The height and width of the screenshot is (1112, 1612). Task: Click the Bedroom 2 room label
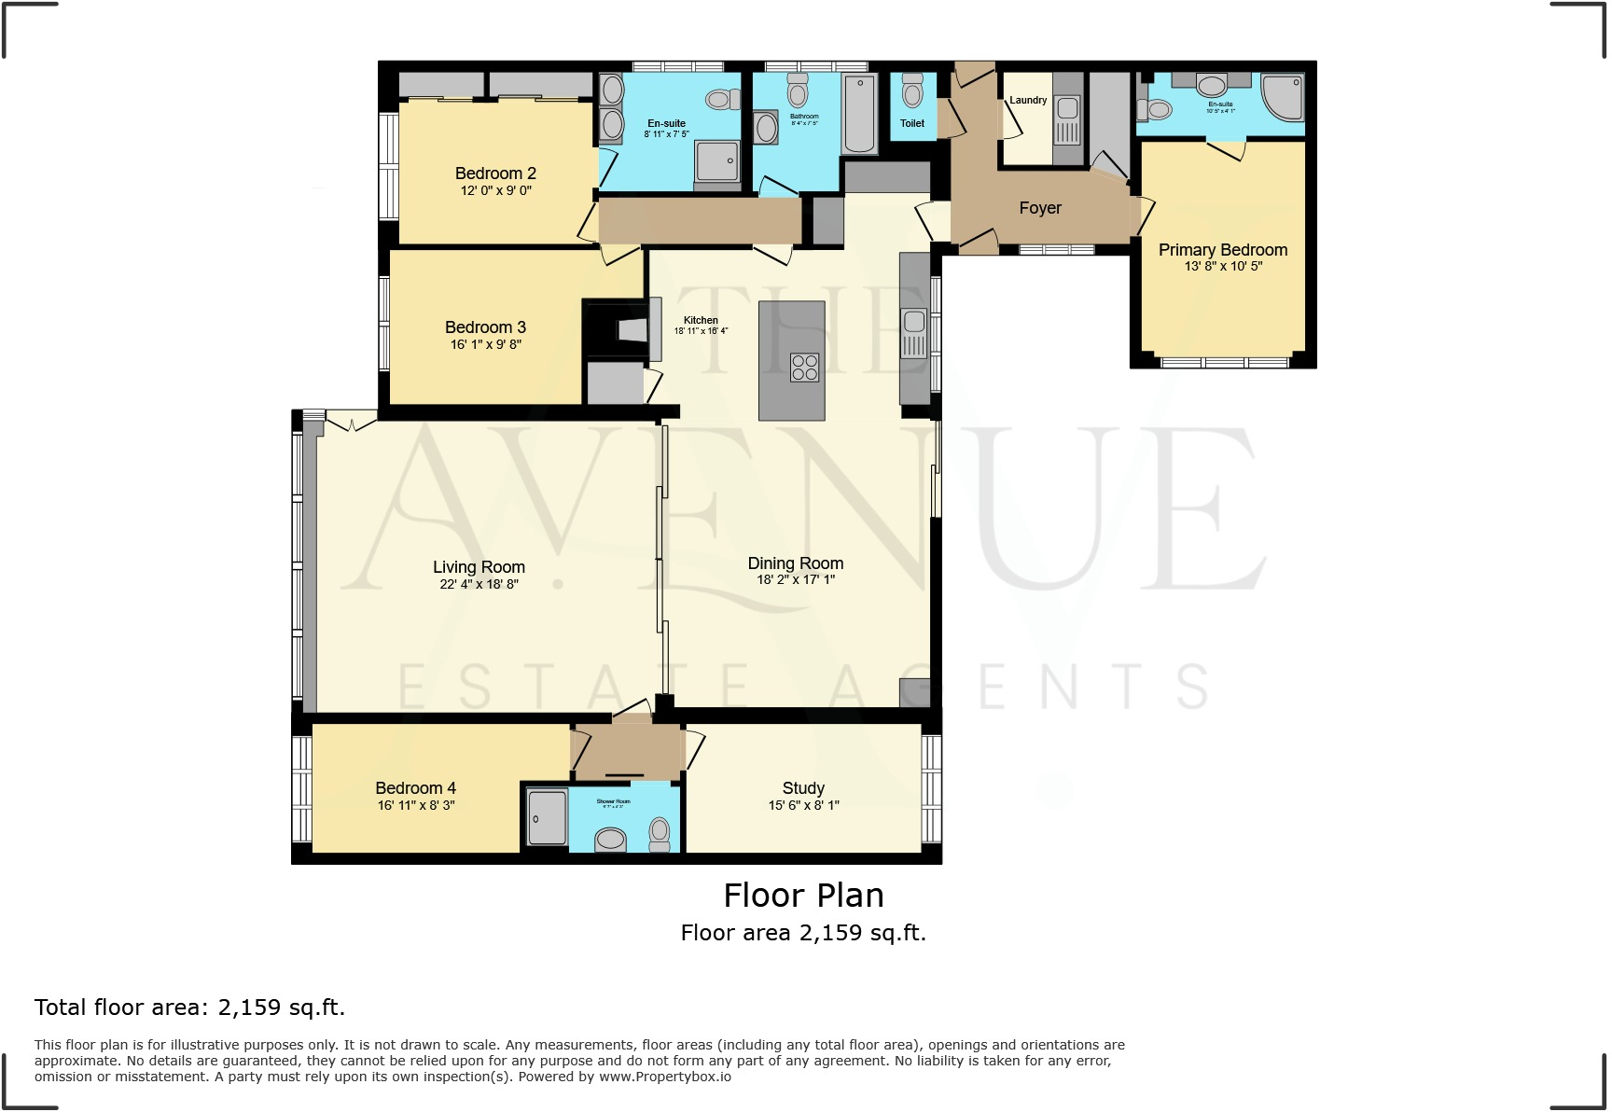tap(495, 174)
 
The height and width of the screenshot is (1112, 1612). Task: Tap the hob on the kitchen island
tap(804, 368)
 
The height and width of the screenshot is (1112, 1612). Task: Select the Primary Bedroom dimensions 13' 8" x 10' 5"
tap(1223, 267)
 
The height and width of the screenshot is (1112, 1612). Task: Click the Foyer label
tap(1040, 208)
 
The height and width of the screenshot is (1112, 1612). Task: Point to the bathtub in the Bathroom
tap(859, 115)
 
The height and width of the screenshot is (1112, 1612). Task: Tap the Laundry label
tap(1028, 100)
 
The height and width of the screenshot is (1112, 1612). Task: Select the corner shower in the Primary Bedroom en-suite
tap(1283, 97)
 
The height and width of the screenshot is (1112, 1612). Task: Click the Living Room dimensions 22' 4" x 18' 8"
tap(479, 585)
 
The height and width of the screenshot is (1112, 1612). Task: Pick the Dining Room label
tap(795, 563)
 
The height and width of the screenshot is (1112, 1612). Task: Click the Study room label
tap(803, 788)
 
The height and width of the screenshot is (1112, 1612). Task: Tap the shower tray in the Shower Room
tap(547, 818)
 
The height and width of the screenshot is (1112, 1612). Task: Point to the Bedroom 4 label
tap(415, 788)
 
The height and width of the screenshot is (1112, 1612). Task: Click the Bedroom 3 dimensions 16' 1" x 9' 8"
tap(485, 345)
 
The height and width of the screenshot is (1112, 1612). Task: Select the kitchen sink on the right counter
tap(914, 323)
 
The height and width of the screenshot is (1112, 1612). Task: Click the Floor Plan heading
tap(803, 896)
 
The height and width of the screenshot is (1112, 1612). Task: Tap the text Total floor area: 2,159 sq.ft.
tap(189, 1008)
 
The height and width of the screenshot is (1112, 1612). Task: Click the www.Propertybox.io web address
tap(664, 1077)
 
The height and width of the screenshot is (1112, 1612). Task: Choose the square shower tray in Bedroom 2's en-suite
tap(717, 162)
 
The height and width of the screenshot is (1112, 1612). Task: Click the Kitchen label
tap(701, 320)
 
